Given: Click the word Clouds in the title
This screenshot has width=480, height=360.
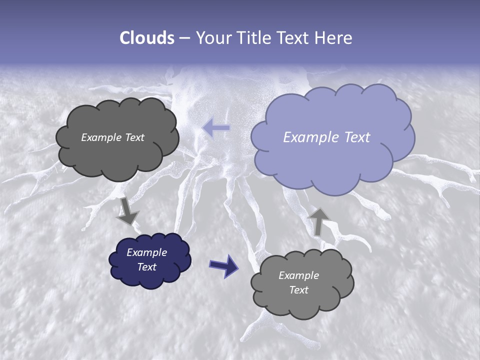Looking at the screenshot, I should pos(147,38).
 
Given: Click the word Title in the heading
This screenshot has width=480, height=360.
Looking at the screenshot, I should pos(255,38).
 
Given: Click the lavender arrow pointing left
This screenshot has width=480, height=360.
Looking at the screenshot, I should pos(216,128).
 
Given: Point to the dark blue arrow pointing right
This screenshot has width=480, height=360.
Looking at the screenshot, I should pos(223,265).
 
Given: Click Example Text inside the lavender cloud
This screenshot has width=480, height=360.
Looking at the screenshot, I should pos(326,137).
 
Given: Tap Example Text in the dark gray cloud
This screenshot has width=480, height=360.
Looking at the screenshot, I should pos(112,137).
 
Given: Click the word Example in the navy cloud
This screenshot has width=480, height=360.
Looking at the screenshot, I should pos(146,252).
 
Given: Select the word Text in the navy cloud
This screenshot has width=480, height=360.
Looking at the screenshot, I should pos(146,267).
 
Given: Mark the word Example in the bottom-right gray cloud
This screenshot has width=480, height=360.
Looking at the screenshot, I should pos(298,275).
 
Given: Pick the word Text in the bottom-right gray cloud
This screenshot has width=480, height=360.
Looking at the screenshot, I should pos(298,290).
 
